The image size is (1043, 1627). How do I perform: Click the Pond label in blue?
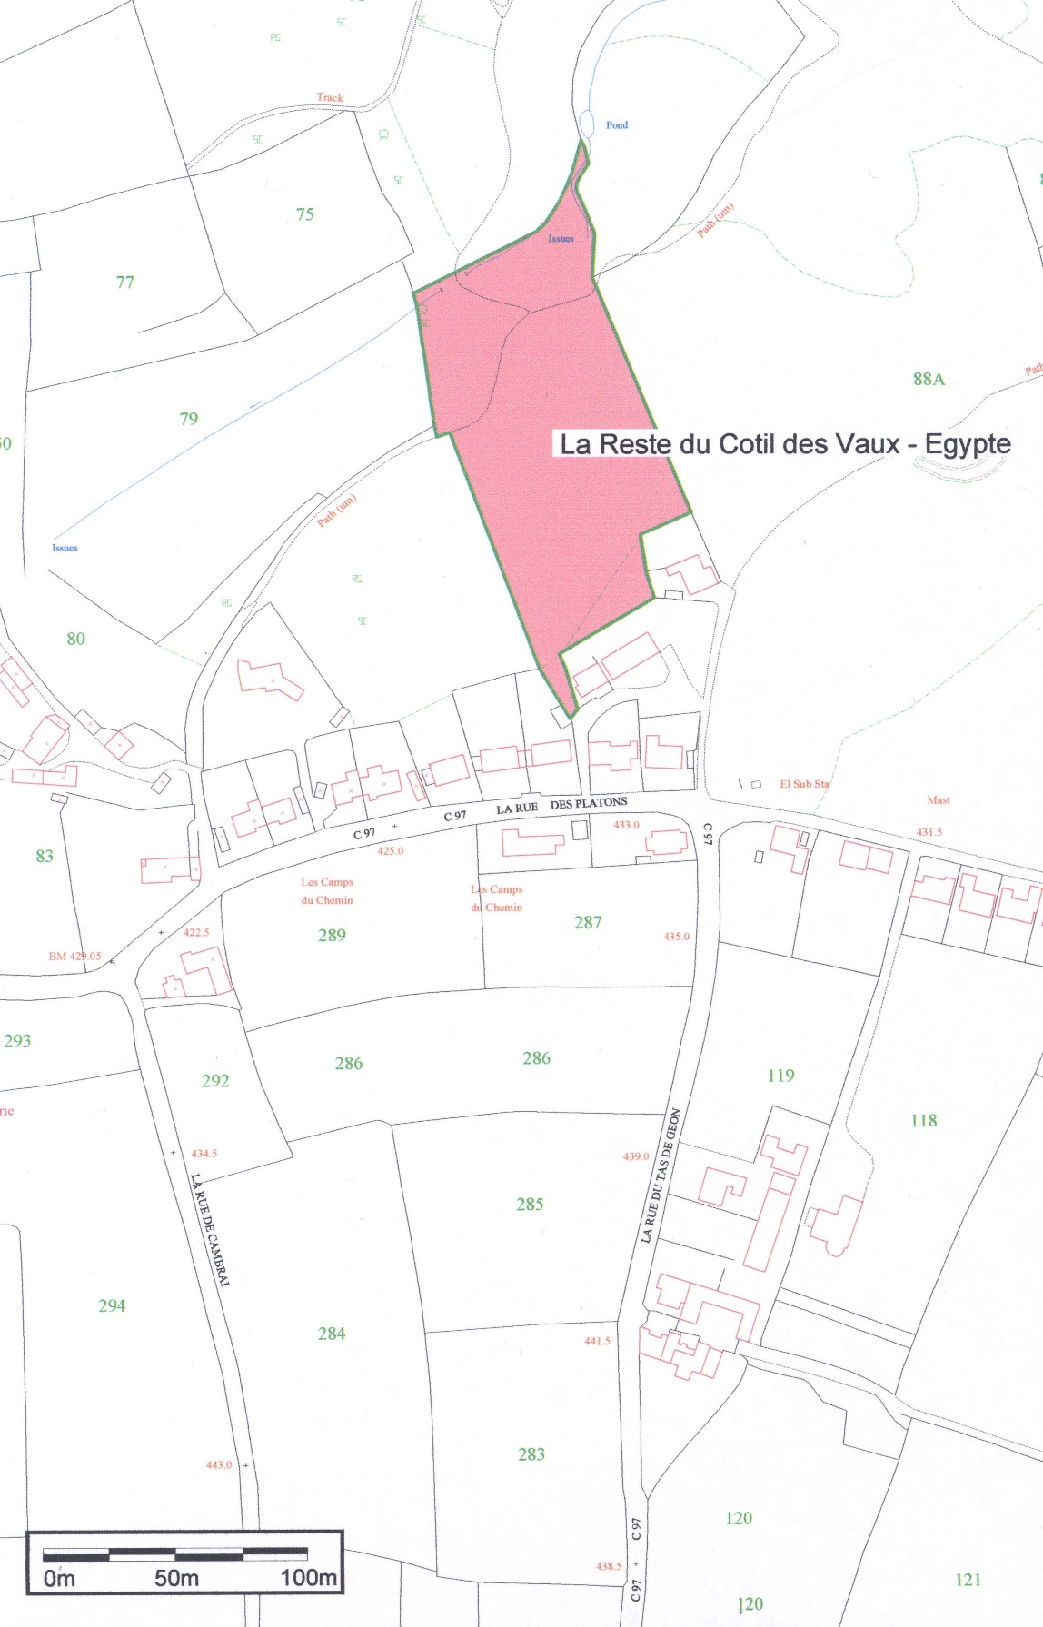point(617,125)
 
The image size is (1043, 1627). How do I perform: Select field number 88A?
point(929,379)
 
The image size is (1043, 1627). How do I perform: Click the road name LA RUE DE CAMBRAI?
point(211,1229)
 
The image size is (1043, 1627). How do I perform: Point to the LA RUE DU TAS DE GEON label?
point(661,1175)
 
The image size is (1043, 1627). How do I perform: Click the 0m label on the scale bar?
point(59,1579)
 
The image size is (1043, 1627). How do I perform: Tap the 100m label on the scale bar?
point(308,1578)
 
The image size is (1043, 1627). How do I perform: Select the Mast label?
point(939,800)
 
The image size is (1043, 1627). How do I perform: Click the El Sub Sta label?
point(804,784)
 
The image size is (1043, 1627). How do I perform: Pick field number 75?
point(304,214)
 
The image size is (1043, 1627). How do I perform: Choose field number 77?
point(125,283)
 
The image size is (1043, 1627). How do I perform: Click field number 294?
point(112,1305)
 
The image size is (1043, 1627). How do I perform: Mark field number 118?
point(923,1120)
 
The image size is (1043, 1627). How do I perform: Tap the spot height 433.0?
point(626,825)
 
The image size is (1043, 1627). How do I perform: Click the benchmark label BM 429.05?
point(74,957)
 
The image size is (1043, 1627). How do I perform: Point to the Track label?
point(330,97)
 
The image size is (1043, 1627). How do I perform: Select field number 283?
point(531,1454)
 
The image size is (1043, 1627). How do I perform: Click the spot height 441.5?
point(597,1341)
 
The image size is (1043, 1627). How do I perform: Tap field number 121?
point(968,1580)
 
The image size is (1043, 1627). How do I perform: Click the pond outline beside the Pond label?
point(587,124)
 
